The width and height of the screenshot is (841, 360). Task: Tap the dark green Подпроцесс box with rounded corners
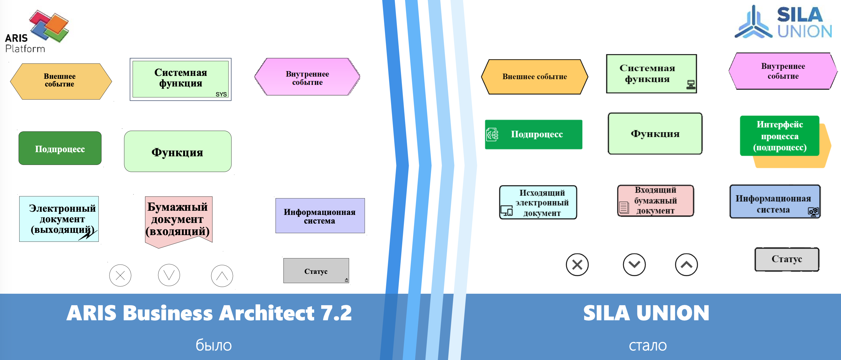(x=60, y=148)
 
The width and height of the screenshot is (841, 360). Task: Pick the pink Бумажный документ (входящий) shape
(x=178, y=220)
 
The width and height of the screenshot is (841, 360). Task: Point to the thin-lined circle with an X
(x=120, y=275)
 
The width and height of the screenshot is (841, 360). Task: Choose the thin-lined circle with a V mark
(x=169, y=275)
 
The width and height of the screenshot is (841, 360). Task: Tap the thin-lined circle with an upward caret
(x=222, y=276)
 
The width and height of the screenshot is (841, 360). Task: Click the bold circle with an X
(x=577, y=265)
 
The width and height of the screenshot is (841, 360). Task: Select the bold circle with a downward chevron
(x=634, y=264)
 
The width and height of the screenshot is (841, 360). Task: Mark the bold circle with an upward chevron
(x=686, y=265)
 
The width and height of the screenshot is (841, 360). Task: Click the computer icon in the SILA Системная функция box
(x=691, y=85)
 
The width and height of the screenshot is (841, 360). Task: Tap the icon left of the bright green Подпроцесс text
(x=492, y=135)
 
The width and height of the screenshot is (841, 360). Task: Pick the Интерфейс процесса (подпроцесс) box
(x=780, y=136)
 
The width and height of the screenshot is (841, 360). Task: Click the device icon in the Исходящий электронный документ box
(x=507, y=211)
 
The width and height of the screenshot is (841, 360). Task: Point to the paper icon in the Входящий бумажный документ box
(x=624, y=208)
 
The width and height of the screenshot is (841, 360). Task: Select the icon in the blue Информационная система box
(x=813, y=211)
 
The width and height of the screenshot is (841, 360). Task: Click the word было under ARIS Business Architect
(x=214, y=345)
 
